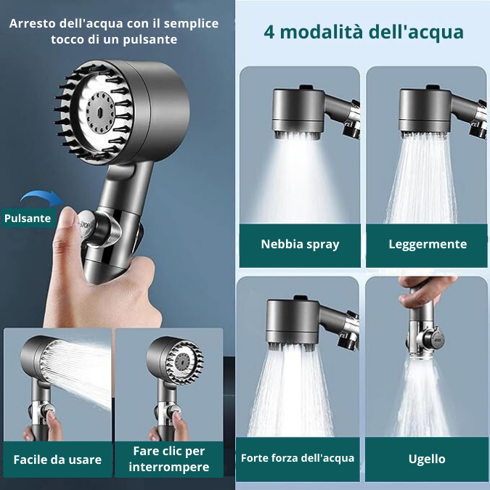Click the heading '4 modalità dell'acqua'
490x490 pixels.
[x=362, y=33]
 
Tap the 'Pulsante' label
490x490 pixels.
[x=28, y=218]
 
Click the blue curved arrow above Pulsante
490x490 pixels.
[x=41, y=197]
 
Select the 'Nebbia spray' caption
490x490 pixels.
[x=300, y=244]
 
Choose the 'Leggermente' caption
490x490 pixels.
[x=428, y=244]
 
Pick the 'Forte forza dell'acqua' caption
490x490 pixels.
[x=298, y=458]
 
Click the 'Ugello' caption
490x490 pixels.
[x=427, y=459]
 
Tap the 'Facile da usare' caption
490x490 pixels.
[x=57, y=460]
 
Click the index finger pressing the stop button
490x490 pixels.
[x=67, y=218]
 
